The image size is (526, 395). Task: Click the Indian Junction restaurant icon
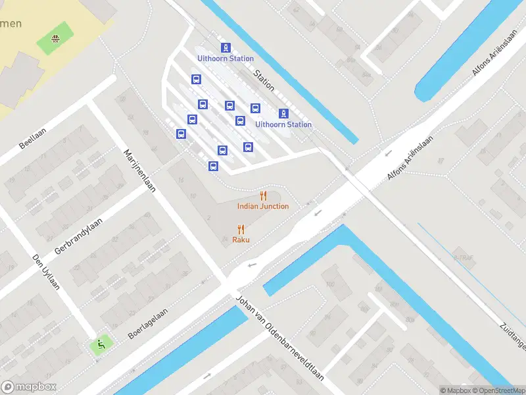(264, 196)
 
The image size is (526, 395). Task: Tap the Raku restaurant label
(241, 240)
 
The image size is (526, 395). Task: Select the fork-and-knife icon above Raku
(241, 229)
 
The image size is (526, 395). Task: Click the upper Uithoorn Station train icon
(226, 47)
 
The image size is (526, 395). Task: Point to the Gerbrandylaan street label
(79, 215)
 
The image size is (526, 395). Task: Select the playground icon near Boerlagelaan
(100, 343)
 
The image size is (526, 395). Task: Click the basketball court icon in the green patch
(55, 38)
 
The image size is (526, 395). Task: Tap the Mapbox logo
(29, 387)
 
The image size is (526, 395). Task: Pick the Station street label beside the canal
(264, 80)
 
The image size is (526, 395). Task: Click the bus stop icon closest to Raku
(213, 166)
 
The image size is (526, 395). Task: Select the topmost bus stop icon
(195, 80)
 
